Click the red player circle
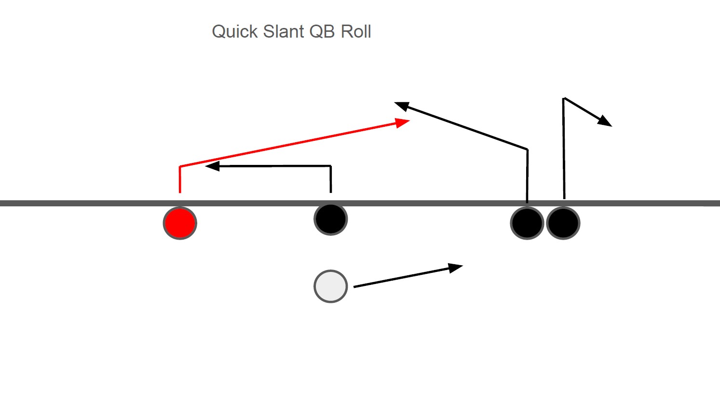pyautogui.click(x=180, y=223)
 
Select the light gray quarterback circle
pyautogui.click(x=331, y=286)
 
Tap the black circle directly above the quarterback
pyautogui.click(x=331, y=219)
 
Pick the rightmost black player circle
pyautogui.click(x=563, y=223)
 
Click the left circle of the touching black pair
pyautogui.click(x=527, y=223)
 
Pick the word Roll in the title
pyautogui.click(x=356, y=32)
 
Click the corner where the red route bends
pyautogui.click(x=180, y=167)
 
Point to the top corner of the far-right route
pyautogui.click(x=564, y=98)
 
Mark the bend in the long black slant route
pyautogui.click(x=528, y=149)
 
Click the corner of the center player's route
pyautogui.click(x=330, y=166)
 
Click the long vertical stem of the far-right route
pyautogui.click(x=564, y=149)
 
